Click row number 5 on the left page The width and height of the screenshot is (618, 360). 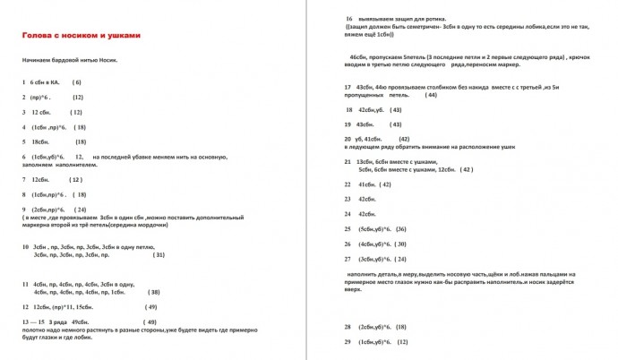(23, 141)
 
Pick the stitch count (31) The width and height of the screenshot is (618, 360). (159, 255)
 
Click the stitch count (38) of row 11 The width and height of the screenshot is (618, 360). (154, 292)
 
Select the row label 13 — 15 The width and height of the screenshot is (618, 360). (33, 321)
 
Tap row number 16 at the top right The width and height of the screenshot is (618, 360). (348, 19)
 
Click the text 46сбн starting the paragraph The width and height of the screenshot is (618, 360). (358, 56)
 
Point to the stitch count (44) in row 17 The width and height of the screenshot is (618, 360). (431, 94)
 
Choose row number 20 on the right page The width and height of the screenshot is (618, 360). (348, 140)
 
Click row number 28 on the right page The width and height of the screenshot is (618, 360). (348, 327)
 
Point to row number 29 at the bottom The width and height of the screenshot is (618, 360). (348, 342)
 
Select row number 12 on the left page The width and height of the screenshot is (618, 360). (25, 306)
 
